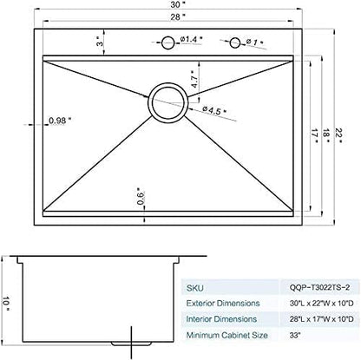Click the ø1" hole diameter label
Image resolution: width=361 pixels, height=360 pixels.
click(254, 41)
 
